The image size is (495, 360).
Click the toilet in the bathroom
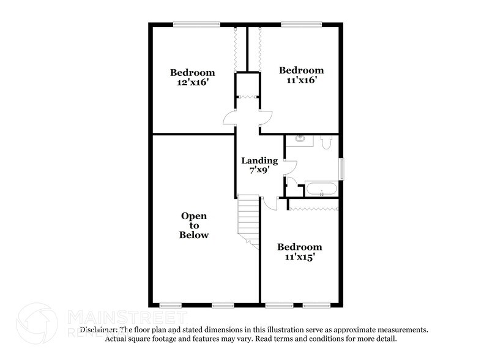point(326,143)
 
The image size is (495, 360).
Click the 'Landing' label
point(259,161)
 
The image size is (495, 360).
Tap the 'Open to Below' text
point(194,225)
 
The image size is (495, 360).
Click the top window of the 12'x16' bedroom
point(196,24)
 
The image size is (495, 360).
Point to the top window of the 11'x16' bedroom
point(300,24)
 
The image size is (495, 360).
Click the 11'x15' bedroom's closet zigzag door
point(313,209)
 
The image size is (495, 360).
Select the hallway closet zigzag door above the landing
point(247,96)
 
